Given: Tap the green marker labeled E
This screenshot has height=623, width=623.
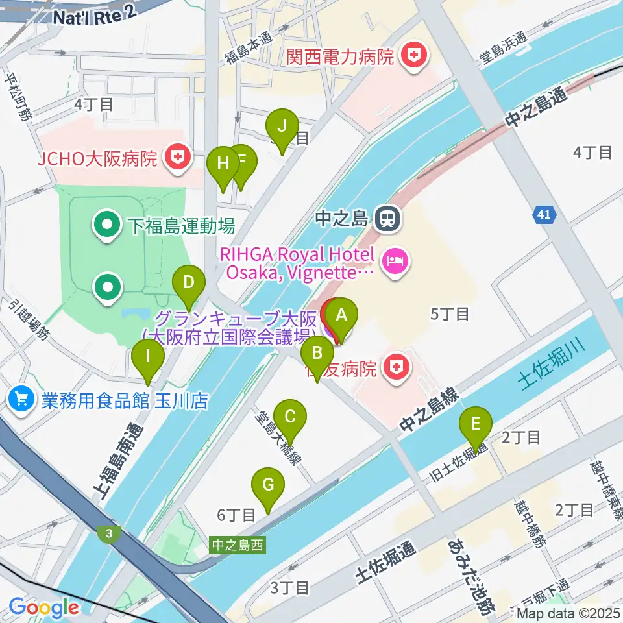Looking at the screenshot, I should pos(475,426).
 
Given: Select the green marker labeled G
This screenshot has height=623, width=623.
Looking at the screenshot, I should pos(269,487).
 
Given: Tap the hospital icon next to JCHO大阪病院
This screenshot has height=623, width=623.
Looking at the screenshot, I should pos(175,158).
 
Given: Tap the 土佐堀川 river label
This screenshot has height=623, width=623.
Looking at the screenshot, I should pos(552,365).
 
